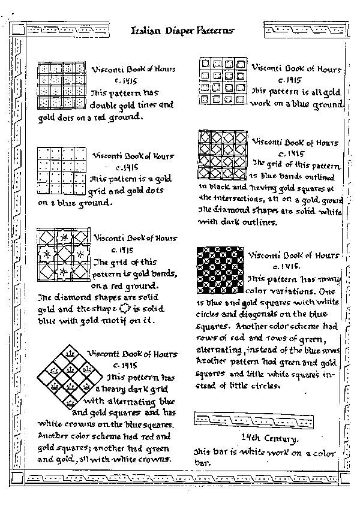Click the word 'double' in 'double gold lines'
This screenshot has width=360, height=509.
tap(104, 106)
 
